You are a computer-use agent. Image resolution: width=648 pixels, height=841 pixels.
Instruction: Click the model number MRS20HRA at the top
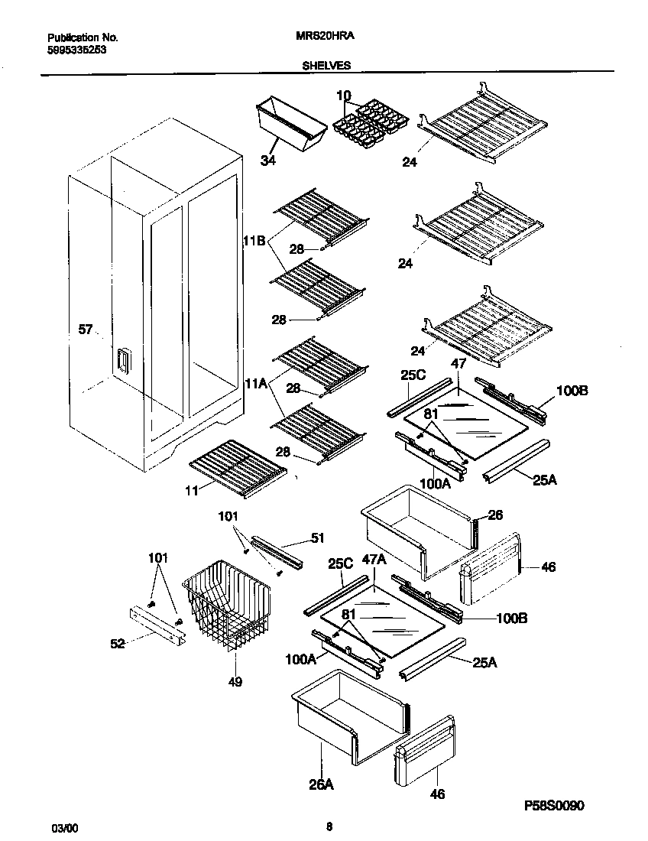324,36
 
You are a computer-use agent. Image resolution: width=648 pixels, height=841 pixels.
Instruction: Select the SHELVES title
326,66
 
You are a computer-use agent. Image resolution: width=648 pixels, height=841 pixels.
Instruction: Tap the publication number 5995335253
76,49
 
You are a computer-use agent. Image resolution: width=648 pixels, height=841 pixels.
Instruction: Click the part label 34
267,161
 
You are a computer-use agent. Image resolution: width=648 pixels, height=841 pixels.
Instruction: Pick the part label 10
343,96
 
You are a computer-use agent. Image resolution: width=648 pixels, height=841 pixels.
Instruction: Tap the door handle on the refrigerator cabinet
123,361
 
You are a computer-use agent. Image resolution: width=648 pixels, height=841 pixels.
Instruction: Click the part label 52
117,644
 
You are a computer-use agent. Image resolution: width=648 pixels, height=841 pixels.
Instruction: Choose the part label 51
318,538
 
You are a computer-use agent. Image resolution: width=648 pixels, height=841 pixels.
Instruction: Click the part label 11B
254,241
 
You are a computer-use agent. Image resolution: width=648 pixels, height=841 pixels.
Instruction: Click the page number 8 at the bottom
329,826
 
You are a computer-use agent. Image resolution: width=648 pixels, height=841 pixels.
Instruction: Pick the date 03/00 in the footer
63,828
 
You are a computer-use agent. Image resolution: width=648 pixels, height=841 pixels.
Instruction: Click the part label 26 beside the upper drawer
495,515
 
